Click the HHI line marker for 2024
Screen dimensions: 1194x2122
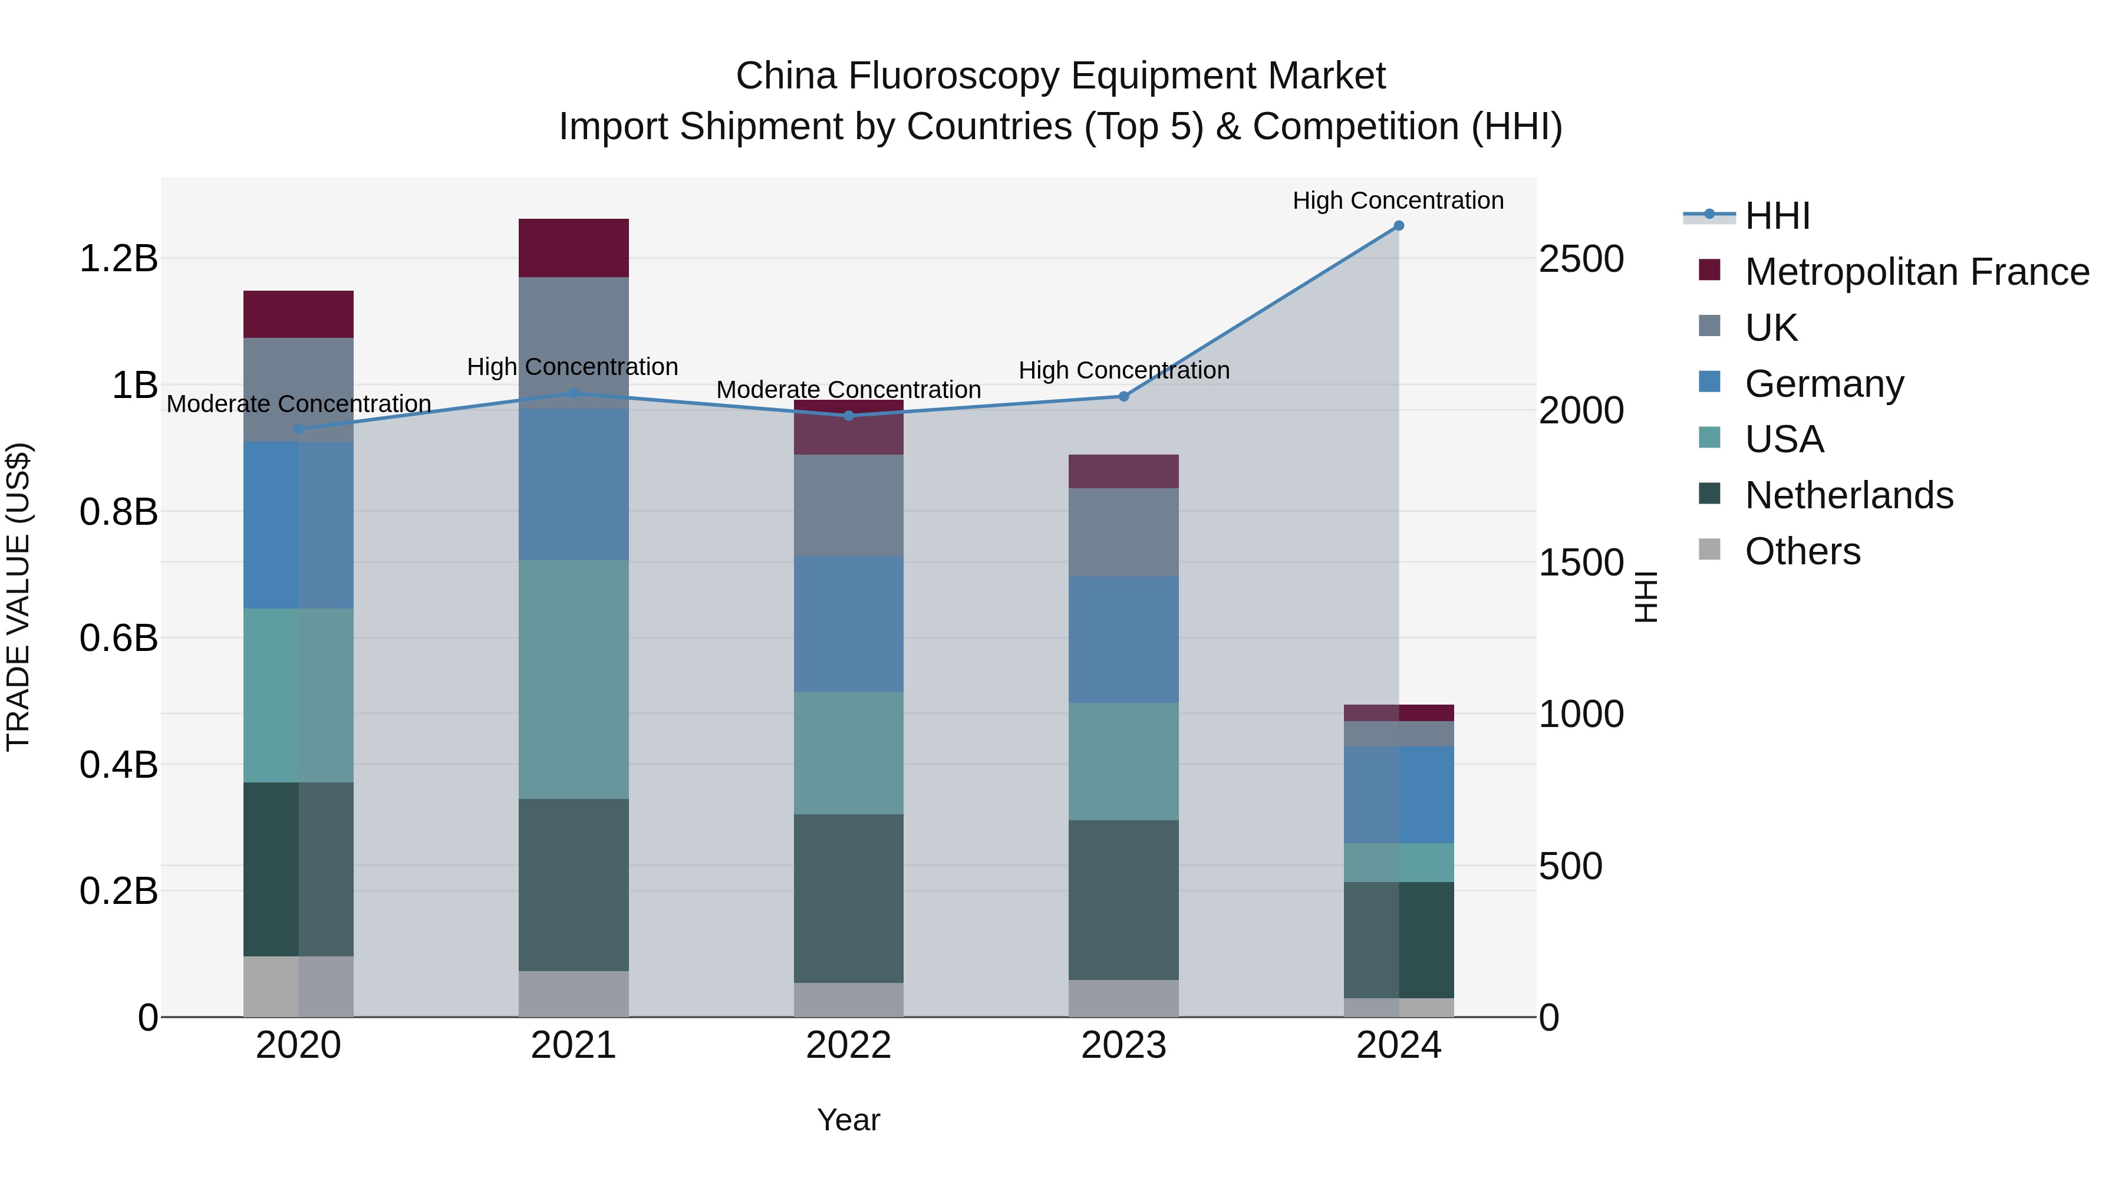tap(1398, 226)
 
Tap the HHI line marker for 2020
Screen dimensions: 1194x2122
tap(298, 429)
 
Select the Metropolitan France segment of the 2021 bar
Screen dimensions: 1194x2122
tap(574, 248)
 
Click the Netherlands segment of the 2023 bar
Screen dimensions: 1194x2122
tap(1123, 900)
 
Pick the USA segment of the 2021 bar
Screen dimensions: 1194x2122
tap(574, 680)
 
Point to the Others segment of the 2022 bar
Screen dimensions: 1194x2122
tap(848, 999)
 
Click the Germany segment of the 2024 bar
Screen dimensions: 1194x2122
tap(1398, 795)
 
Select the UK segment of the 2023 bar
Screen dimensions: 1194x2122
tap(1123, 532)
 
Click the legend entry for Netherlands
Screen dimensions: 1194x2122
tap(1848, 495)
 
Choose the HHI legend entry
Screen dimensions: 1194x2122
tap(1777, 216)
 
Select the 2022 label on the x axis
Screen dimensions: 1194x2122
tap(848, 1045)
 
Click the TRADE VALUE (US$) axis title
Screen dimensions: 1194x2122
tap(18, 597)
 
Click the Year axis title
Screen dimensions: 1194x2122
tap(848, 1120)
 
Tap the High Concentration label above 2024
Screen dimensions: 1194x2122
tap(1398, 200)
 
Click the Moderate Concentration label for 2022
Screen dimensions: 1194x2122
tap(848, 389)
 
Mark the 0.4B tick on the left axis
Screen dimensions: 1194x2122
tap(118, 765)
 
